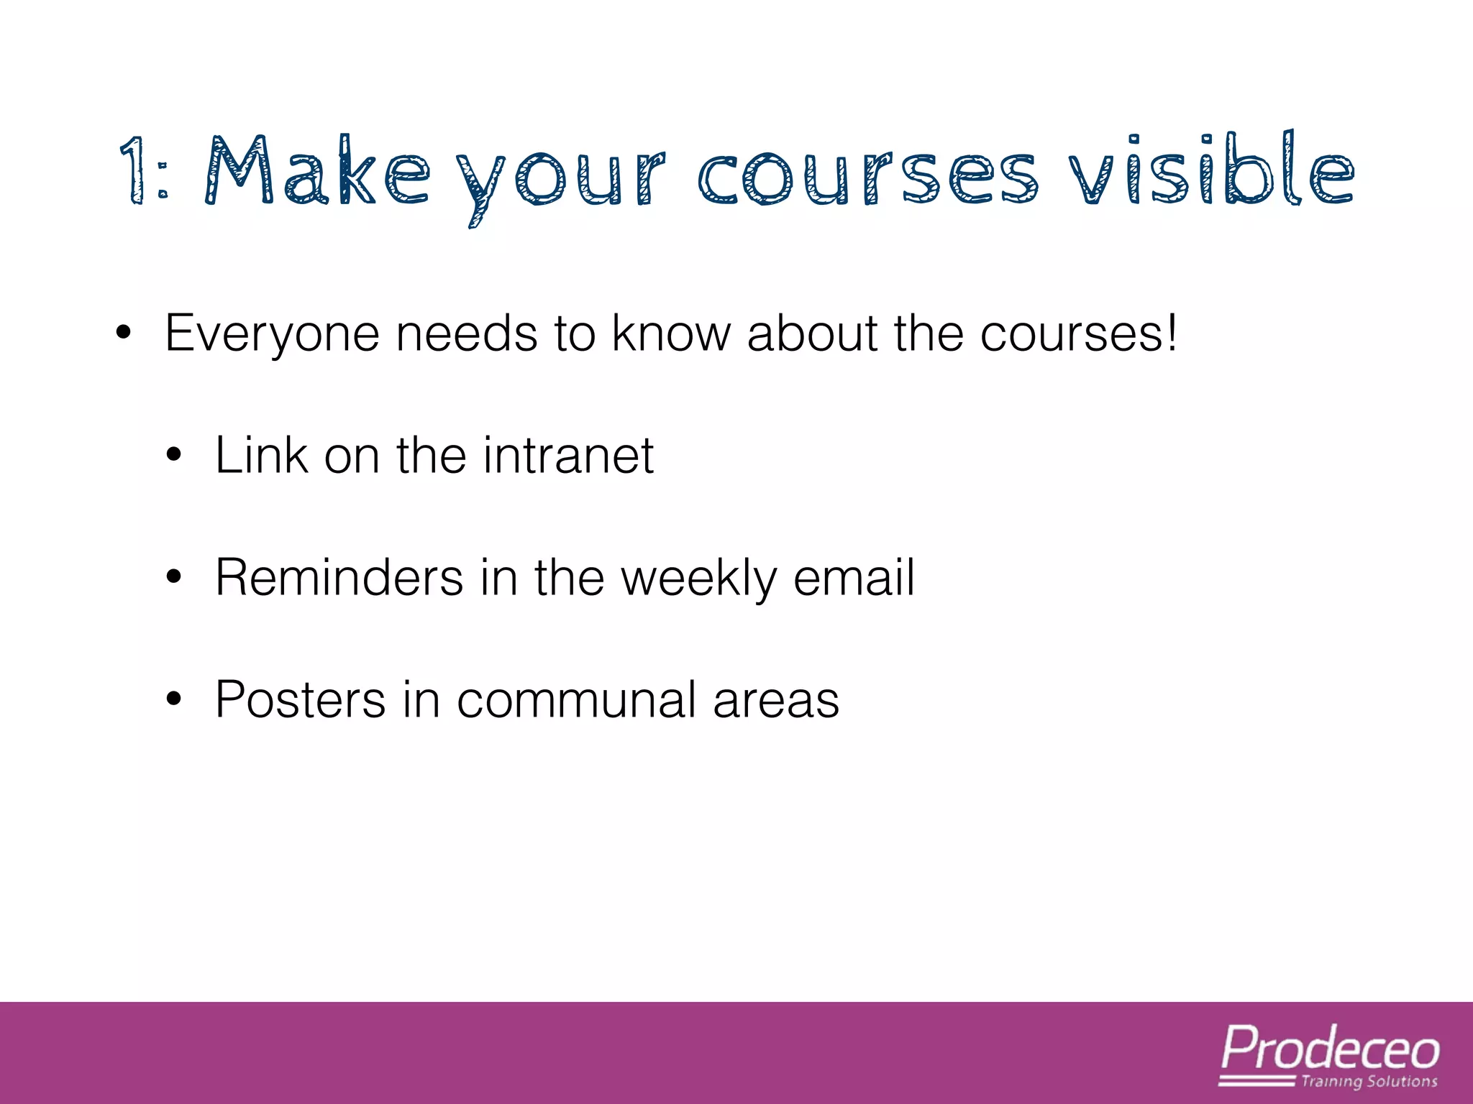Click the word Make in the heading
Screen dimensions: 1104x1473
click(x=316, y=171)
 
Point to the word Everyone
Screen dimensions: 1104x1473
click(x=272, y=335)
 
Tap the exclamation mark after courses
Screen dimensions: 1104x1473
click(x=1172, y=333)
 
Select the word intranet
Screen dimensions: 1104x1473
click(x=568, y=456)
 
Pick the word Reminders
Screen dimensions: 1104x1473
click(x=339, y=578)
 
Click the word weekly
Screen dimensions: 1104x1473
click(x=698, y=579)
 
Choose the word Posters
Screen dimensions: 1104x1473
click(x=300, y=700)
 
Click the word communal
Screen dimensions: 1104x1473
click(x=576, y=700)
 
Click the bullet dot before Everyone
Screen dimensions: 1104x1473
click(x=123, y=333)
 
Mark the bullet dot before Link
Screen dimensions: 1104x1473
click(x=173, y=456)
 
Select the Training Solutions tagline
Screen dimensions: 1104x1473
click(x=1369, y=1082)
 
